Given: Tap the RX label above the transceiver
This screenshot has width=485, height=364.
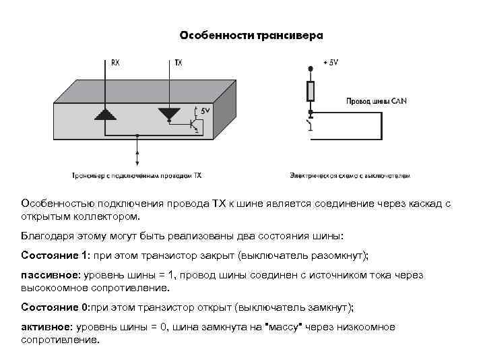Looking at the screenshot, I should pos(116,63).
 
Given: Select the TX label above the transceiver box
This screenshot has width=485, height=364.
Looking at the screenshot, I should pos(178,63).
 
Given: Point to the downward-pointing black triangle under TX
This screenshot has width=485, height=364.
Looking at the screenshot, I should pos(168,113).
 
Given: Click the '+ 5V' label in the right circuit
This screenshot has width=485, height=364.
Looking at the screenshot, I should pos(330,63).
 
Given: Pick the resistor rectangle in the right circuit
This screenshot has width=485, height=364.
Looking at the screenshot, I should pos(310,92).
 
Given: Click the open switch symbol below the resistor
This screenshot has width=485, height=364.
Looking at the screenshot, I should pos(310,125).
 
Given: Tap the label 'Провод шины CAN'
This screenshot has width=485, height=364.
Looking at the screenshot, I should pos(376,102).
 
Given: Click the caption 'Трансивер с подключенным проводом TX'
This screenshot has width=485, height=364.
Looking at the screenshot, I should pos(137,175).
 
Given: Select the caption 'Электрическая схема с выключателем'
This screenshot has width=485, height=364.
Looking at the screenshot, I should pos(350,175).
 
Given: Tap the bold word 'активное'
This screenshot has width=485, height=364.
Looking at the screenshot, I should pos(46,327).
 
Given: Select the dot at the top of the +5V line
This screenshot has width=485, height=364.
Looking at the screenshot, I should pos(310,69).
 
